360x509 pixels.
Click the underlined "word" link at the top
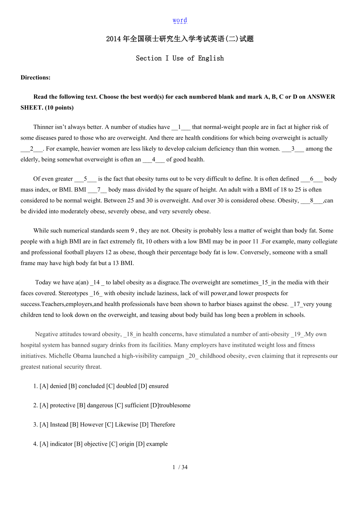(180, 20)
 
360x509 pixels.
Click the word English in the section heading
(211, 58)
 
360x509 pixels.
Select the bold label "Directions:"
(36, 77)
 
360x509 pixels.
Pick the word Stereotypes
(74, 293)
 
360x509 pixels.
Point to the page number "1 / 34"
(180, 467)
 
